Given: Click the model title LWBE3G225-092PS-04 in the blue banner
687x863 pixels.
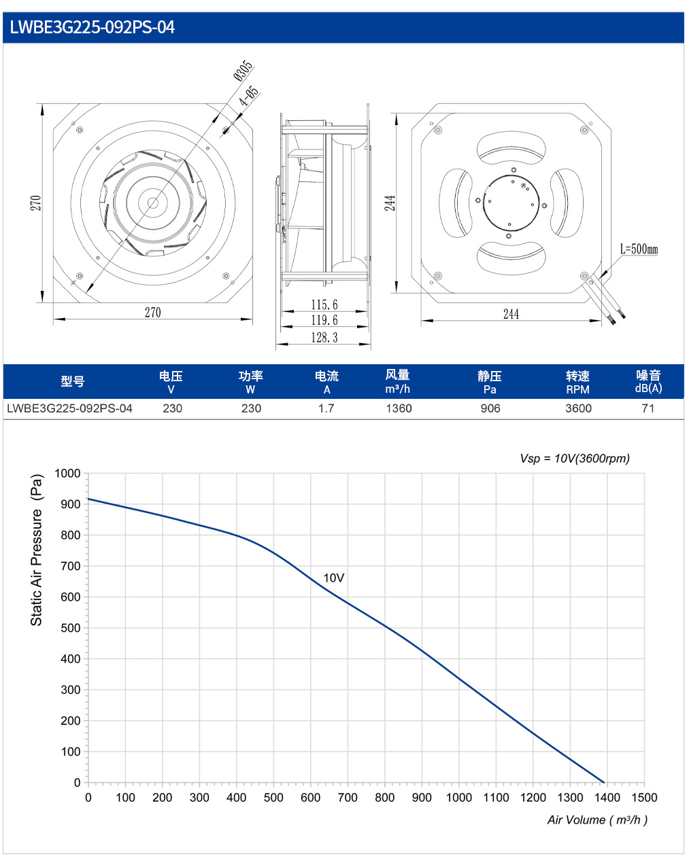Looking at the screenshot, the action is (x=92, y=27).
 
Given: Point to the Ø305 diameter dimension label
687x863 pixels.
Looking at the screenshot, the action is (x=244, y=71).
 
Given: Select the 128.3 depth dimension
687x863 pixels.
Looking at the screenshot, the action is (x=324, y=337).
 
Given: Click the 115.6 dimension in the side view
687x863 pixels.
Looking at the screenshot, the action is (x=324, y=304).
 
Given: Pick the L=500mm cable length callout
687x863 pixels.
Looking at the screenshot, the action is (x=639, y=249).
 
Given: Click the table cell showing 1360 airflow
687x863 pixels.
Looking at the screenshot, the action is (x=399, y=408).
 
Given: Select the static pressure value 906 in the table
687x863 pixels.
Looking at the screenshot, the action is (x=490, y=408).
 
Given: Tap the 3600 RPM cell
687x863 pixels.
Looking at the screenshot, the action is (x=578, y=408).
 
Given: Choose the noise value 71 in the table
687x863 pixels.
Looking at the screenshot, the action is (x=648, y=408).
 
